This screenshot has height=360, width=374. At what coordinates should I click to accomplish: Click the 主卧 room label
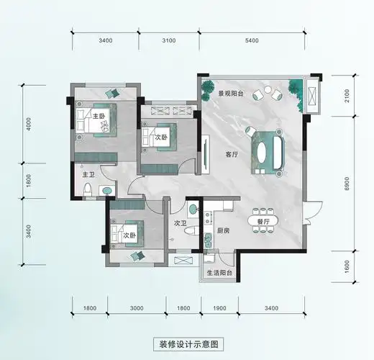99,117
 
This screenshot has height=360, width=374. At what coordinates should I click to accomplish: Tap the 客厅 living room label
232,154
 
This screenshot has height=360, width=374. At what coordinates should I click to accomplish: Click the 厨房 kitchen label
222,231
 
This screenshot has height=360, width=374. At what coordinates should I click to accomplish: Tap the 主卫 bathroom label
88,174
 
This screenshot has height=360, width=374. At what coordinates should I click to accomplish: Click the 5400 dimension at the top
252,41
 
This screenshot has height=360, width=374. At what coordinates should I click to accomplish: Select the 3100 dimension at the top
169,41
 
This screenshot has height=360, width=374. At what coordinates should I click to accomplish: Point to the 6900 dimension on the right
347,184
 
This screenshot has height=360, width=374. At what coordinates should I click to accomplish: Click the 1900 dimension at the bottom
219,309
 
